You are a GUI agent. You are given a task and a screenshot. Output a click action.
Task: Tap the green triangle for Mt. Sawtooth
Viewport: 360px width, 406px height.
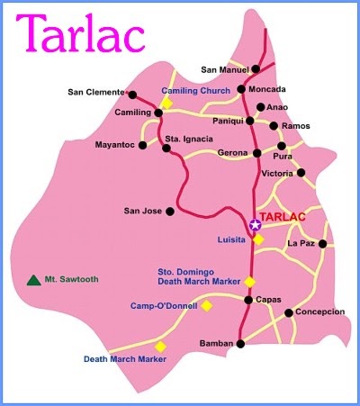point(33,280)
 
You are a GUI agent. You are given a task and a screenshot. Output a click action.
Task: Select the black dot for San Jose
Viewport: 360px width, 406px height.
point(168,212)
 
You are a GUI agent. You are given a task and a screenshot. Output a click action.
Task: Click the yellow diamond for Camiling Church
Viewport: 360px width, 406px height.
point(166,103)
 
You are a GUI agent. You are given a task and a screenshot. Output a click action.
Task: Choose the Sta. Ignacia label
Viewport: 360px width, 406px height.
point(189,139)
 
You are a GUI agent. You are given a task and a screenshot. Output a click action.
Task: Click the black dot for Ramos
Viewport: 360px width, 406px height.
point(274,125)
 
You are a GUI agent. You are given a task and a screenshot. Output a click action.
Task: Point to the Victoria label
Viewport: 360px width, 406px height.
point(276,173)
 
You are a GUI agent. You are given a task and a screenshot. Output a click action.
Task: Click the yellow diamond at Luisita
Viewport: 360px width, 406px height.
point(258,239)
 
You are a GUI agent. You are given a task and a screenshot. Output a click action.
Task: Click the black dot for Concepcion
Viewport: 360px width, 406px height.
point(288,313)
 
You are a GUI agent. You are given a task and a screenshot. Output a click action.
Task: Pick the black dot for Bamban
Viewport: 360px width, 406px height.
point(240,343)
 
